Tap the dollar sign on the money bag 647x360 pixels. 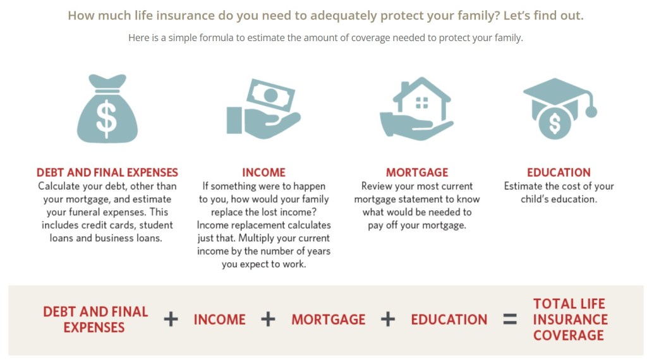(x=106, y=119)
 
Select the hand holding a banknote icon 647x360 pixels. (x=263, y=109)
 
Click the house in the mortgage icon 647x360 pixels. (x=421, y=99)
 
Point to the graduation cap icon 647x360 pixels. (x=560, y=99)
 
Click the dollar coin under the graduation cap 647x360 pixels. (x=555, y=123)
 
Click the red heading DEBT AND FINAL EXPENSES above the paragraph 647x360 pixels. (x=107, y=172)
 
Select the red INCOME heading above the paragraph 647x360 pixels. (x=263, y=172)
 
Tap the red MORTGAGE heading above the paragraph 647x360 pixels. (x=417, y=172)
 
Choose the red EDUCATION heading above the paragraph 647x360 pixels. (x=559, y=172)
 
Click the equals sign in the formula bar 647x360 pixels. (x=510, y=319)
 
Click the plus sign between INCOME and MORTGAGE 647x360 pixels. (x=268, y=319)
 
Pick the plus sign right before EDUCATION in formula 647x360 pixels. (x=388, y=319)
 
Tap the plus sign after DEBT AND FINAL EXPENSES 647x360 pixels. (x=171, y=319)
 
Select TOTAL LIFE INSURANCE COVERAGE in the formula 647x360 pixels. (x=571, y=320)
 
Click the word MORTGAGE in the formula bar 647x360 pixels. (x=329, y=320)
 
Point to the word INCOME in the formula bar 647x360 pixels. (x=219, y=320)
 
